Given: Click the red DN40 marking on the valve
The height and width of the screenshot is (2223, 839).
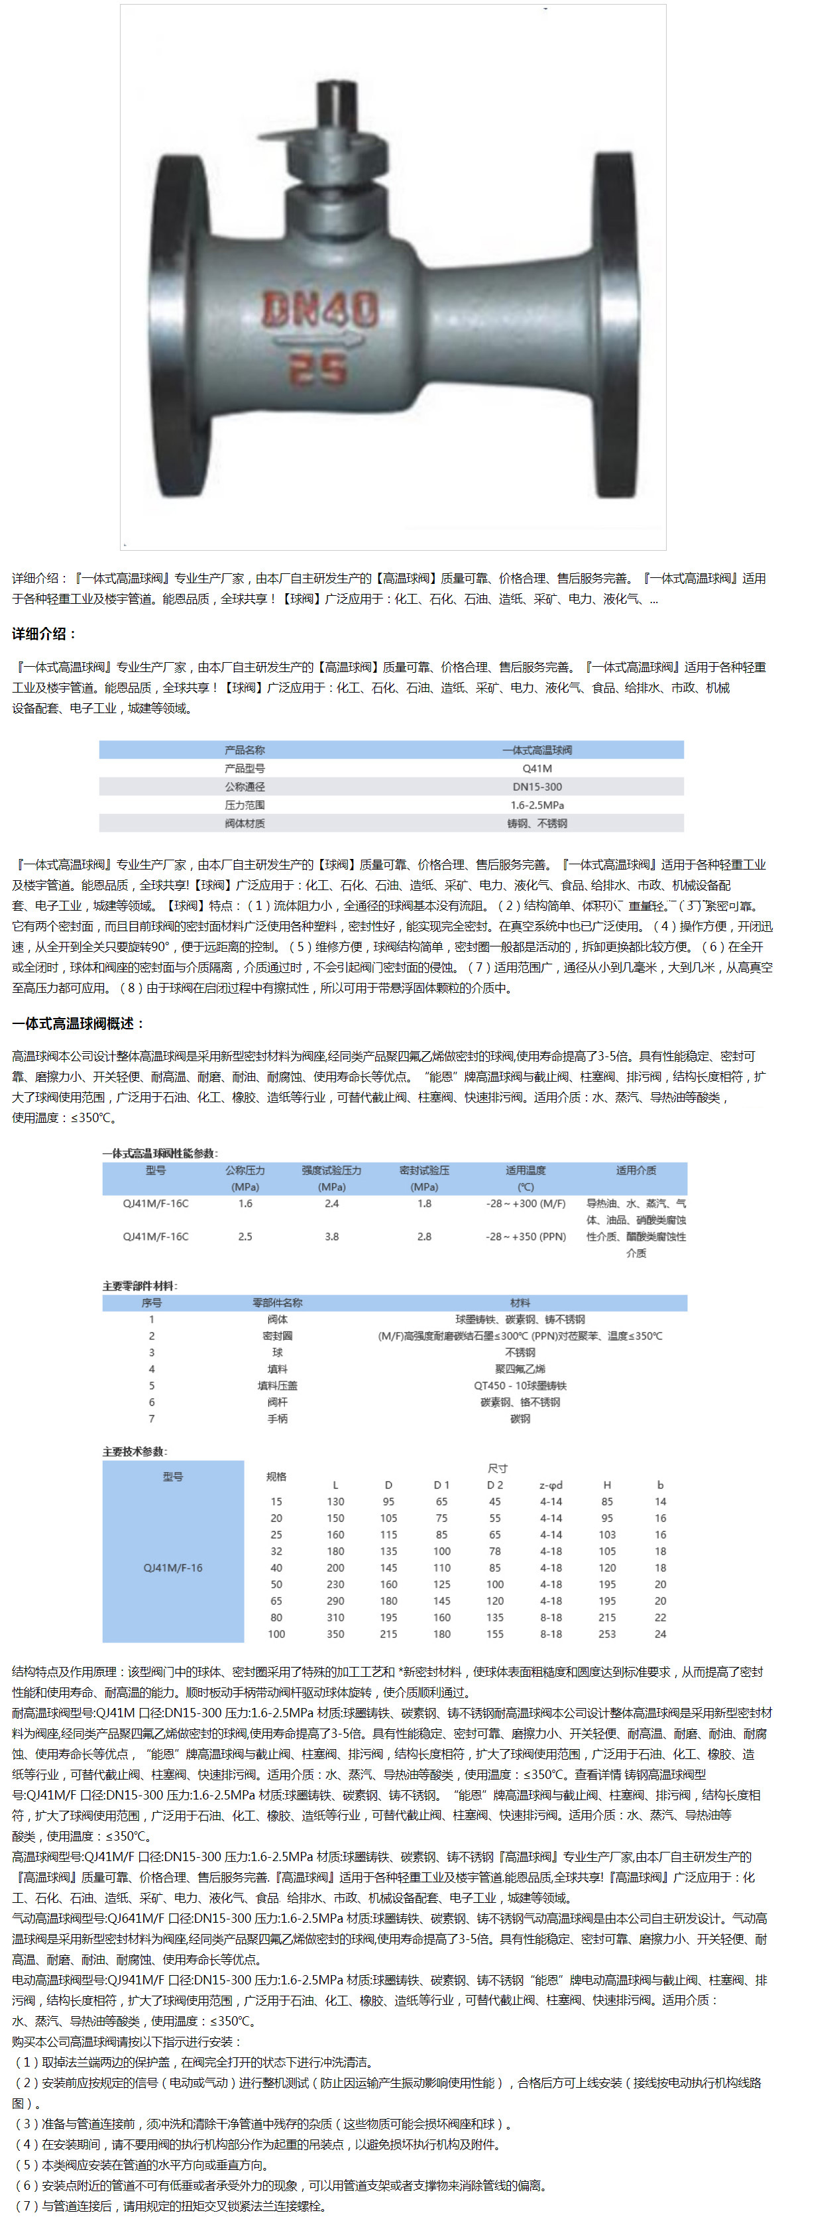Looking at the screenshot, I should click(320, 310).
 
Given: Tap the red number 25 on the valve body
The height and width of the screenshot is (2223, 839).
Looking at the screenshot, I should click(317, 369).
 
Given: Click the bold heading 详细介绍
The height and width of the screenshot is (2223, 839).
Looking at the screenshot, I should click(44, 634).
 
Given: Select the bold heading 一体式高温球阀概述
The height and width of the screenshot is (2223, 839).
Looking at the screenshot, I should click(78, 1023).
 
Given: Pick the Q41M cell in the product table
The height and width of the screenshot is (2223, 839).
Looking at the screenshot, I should click(537, 768).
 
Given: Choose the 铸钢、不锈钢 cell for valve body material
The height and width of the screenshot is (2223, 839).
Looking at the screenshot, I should click(537, 823).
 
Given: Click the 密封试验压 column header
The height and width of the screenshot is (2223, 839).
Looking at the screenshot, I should click(424, 1170).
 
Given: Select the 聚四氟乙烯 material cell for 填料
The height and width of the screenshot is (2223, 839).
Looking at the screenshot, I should click(520, 1369).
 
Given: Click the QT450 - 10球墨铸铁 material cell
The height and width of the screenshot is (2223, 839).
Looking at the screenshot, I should click(520, 1385).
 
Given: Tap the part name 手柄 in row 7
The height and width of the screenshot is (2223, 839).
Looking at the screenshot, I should click(277, 1419).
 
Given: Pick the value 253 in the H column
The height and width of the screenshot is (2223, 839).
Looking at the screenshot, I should click(607, 1634).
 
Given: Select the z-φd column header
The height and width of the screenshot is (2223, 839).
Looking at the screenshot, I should click(551, 1485).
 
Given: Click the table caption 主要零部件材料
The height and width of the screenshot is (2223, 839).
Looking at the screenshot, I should click(140, 1286).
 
